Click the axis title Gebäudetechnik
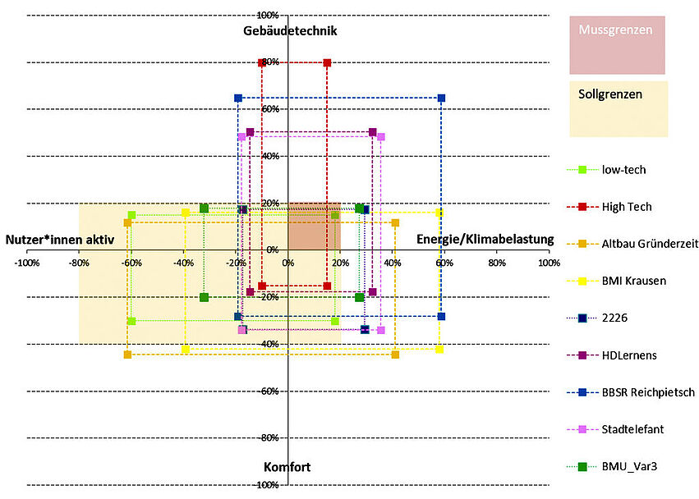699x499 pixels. (290, 31)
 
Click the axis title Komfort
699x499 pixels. (287, 467)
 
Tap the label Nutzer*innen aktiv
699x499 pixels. (66, 240)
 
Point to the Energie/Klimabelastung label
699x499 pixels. (485, 240)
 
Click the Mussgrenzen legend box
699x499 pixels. (617, 44)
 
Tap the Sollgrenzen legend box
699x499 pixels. (619, 108)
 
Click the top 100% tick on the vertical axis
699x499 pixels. (268, 16)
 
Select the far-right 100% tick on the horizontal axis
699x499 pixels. (549, 263)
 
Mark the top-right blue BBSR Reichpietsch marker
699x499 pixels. (441, 98)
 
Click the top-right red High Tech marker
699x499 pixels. (327, 63)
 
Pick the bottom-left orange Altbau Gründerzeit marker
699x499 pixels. (127, 355)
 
